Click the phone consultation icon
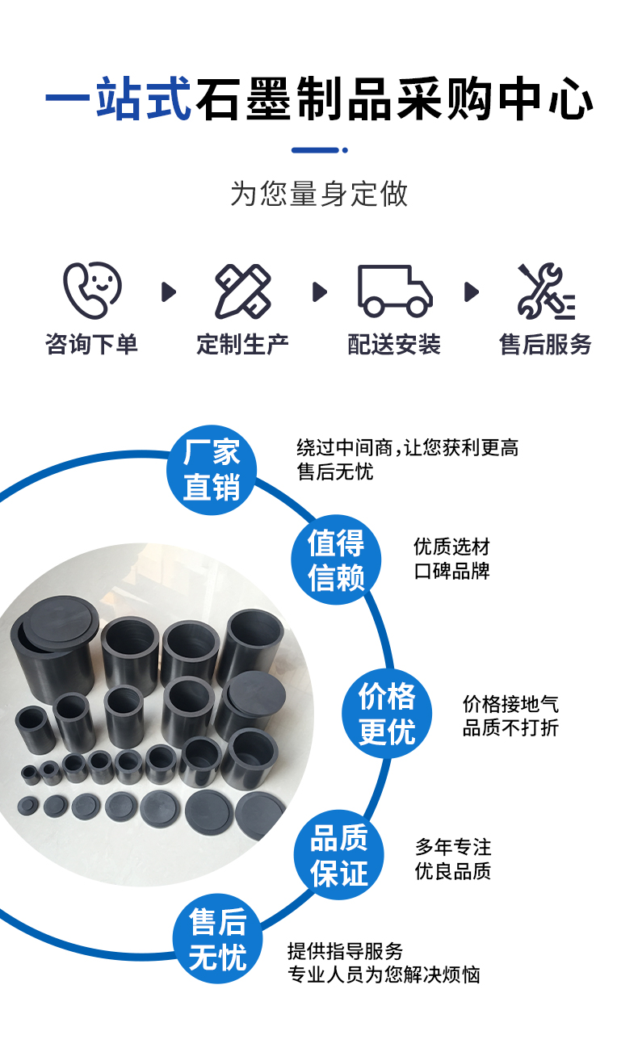[x=91, y=290]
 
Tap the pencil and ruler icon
[x=242, y=291]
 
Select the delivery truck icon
[x=394, y=291]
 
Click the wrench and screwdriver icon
[x=546, y=291]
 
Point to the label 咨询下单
[x=91, y=345]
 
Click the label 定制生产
[x=242, y=345]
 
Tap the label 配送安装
[x=394, y=345]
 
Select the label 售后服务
[x=546, y=345]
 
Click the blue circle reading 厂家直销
[x=212, y=470]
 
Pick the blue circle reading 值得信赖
[x=336, y=560]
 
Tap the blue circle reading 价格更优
[x=387, y=714]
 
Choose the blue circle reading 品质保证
[x=339, y=856]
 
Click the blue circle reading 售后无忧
[x=217, y=939]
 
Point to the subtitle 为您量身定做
[x=319, y=195]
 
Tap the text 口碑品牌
[x=451, y=572]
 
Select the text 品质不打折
[x=510, y=727]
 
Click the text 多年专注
[x=453, y=847]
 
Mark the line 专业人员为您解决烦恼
[x=384, y=975]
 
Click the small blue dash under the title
[x=319, y=150]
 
